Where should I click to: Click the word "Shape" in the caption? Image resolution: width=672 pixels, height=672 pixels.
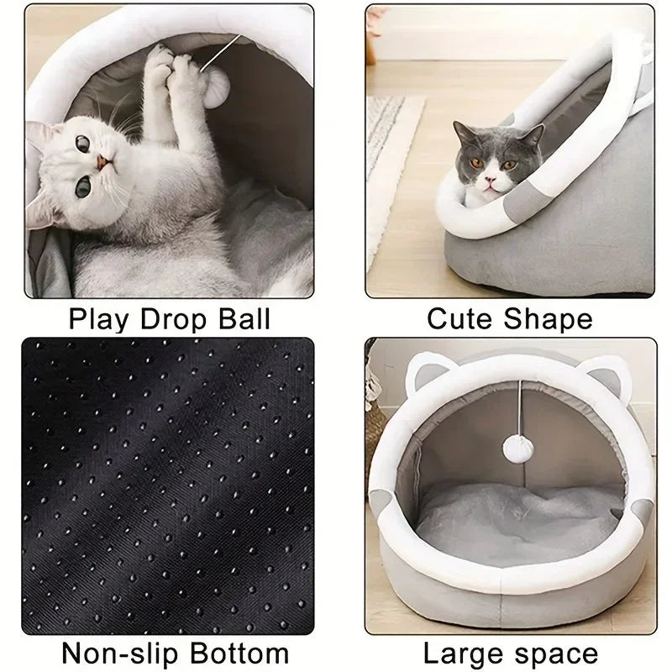pyautogui.click(x=550, y=319)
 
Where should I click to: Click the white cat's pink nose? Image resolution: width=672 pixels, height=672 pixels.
pyautogui.click(x=100, y=163)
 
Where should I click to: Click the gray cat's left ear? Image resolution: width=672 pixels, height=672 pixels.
pyautogui.click(x=465, y=134)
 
